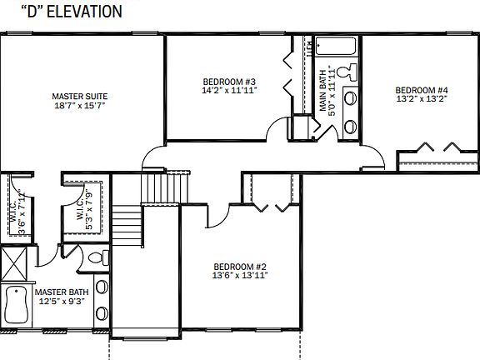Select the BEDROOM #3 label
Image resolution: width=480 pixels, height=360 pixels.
(229, 82)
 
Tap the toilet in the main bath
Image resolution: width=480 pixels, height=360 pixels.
(350, 72)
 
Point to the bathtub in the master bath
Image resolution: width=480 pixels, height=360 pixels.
(16, 304)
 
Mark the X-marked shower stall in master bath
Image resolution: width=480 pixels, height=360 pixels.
(14, 264)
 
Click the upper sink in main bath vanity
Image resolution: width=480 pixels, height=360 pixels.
(350, 97)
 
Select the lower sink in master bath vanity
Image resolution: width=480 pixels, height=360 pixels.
(102, 314)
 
